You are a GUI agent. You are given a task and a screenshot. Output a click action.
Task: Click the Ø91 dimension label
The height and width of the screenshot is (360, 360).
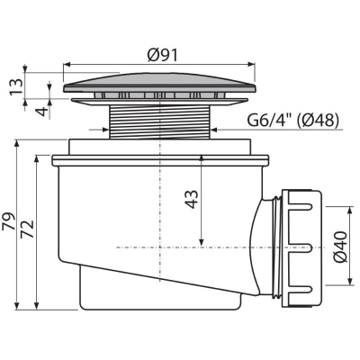[162, 55]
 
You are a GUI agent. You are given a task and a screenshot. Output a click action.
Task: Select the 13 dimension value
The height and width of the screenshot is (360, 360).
[16, 86]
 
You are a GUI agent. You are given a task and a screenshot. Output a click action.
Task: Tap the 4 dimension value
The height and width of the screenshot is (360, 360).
[43, 112]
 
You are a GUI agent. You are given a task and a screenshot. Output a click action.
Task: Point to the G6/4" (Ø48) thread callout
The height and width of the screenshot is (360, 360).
[292, 121]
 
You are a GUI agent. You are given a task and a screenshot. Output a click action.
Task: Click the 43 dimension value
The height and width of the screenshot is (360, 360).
[192, 199]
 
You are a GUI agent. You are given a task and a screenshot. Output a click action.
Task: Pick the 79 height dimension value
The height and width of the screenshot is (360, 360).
[9, 221]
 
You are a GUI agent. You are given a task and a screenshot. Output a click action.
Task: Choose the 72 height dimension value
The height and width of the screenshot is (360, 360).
[27, 229]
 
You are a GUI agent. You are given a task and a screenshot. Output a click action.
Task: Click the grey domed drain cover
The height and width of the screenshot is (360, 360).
[159, 82]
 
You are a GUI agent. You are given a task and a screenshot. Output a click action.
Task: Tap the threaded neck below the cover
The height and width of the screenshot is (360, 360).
[159, 121]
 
